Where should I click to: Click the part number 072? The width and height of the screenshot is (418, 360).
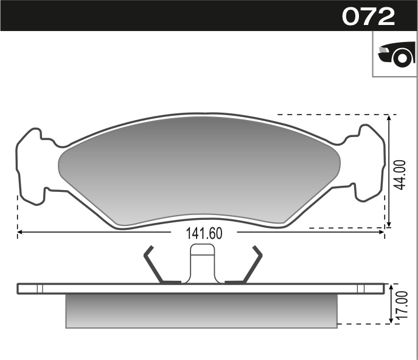pyautogui.click(x=368, y=16)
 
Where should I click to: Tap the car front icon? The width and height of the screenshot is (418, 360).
pyautogui.click(x=395, y=55)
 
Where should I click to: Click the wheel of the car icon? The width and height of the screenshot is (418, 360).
pyautogui.click(x=402, y=58)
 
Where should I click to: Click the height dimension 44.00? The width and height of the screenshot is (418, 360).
pyautogui.click(x=399, y=175)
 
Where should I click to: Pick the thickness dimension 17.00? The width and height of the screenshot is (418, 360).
pyautogui.click(x=399, y=306)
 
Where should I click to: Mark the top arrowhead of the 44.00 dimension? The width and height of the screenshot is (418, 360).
pyautogui.click(x=389, y=118)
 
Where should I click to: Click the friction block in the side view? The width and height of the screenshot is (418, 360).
pyautogui.click(x=201, y=311)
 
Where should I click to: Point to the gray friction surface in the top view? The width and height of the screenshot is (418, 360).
pyautogui.click(x=201, y=168)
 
